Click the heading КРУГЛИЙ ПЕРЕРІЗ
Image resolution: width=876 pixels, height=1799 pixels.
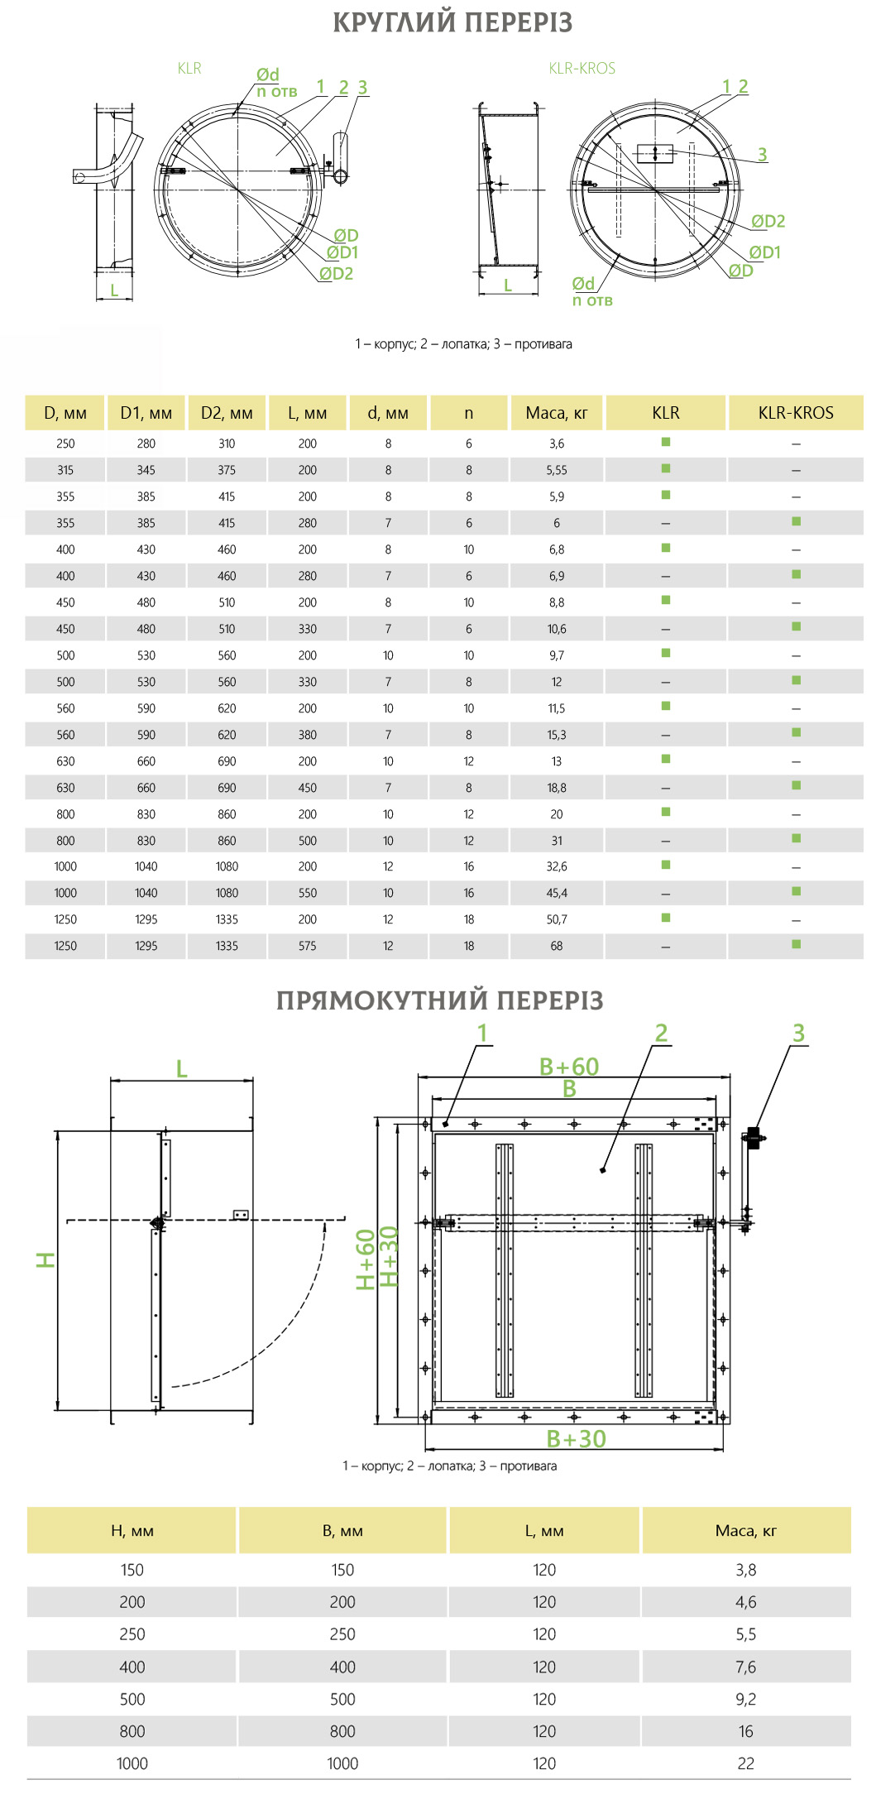[452, 22]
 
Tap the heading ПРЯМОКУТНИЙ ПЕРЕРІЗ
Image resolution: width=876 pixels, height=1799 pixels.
[439, 1000]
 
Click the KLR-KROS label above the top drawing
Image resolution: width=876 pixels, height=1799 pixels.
[582, 69]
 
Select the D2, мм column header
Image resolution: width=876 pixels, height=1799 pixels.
[227, 413]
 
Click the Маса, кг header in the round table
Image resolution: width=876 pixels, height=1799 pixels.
[557, 413]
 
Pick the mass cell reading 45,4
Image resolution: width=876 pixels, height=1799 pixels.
[557, 893]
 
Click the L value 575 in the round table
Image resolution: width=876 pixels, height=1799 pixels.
[307, 946]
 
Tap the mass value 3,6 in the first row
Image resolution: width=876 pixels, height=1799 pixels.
[557, 444]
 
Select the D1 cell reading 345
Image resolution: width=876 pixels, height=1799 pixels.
[146, 470]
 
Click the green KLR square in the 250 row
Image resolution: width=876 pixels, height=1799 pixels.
[665, 442]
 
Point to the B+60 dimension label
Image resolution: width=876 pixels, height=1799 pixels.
[569, 1067]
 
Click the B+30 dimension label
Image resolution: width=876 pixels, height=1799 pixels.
[577, 1439]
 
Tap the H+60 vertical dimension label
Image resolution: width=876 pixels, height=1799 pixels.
[366, 1259]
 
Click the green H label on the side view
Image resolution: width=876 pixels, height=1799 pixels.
[45, 1259]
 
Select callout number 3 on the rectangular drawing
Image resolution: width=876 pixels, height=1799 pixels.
[798, 1033]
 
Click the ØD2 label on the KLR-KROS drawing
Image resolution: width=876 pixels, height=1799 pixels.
[768, 221]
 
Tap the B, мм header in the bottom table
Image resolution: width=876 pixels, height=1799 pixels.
[342, 1531]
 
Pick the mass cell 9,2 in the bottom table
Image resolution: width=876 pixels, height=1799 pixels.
[745, 1699]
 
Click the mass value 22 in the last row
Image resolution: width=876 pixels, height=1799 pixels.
[745, 1763]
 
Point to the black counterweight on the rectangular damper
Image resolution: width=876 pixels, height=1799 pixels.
[754, 1138]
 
